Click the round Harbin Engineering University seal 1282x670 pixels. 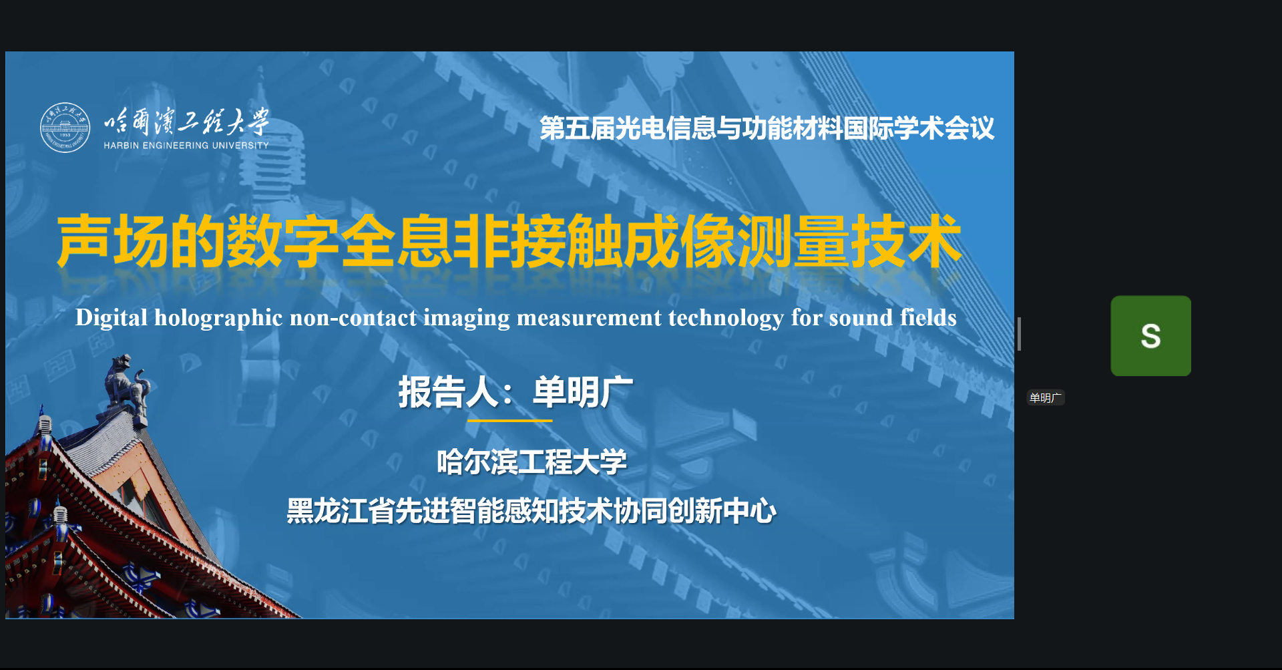(65, 128)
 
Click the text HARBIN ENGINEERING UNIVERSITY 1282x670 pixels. (186, 145)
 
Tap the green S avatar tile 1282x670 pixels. (1150, 336)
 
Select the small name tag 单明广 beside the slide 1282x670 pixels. (1045, 398)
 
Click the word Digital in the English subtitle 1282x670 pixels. (111, 318)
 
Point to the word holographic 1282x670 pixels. (218, 318)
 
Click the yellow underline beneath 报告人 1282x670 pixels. (509, 421)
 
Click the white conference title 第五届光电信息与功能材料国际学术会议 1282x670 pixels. (767, 128)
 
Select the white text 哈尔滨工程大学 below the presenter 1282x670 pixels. (531, 462)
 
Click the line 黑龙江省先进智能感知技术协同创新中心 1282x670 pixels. (531, 512)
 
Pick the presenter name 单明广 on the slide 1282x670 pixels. (582, 392)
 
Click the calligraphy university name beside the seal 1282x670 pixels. (186, 122)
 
